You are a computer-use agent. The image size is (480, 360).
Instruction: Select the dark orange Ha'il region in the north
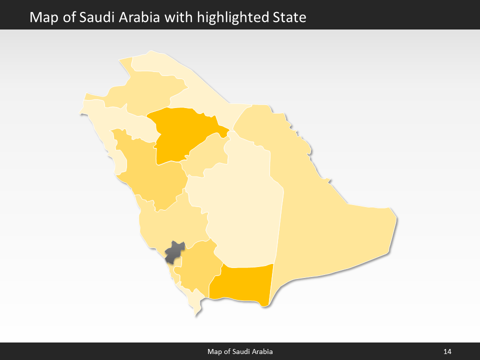click(x=180, y=132)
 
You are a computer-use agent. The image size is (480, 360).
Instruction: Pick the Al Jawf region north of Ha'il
click(x=145, y=90)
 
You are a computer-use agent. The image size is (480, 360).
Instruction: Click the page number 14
click(x=447, y=351)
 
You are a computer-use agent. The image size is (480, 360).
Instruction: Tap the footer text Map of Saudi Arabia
click(x=240, y=351)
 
